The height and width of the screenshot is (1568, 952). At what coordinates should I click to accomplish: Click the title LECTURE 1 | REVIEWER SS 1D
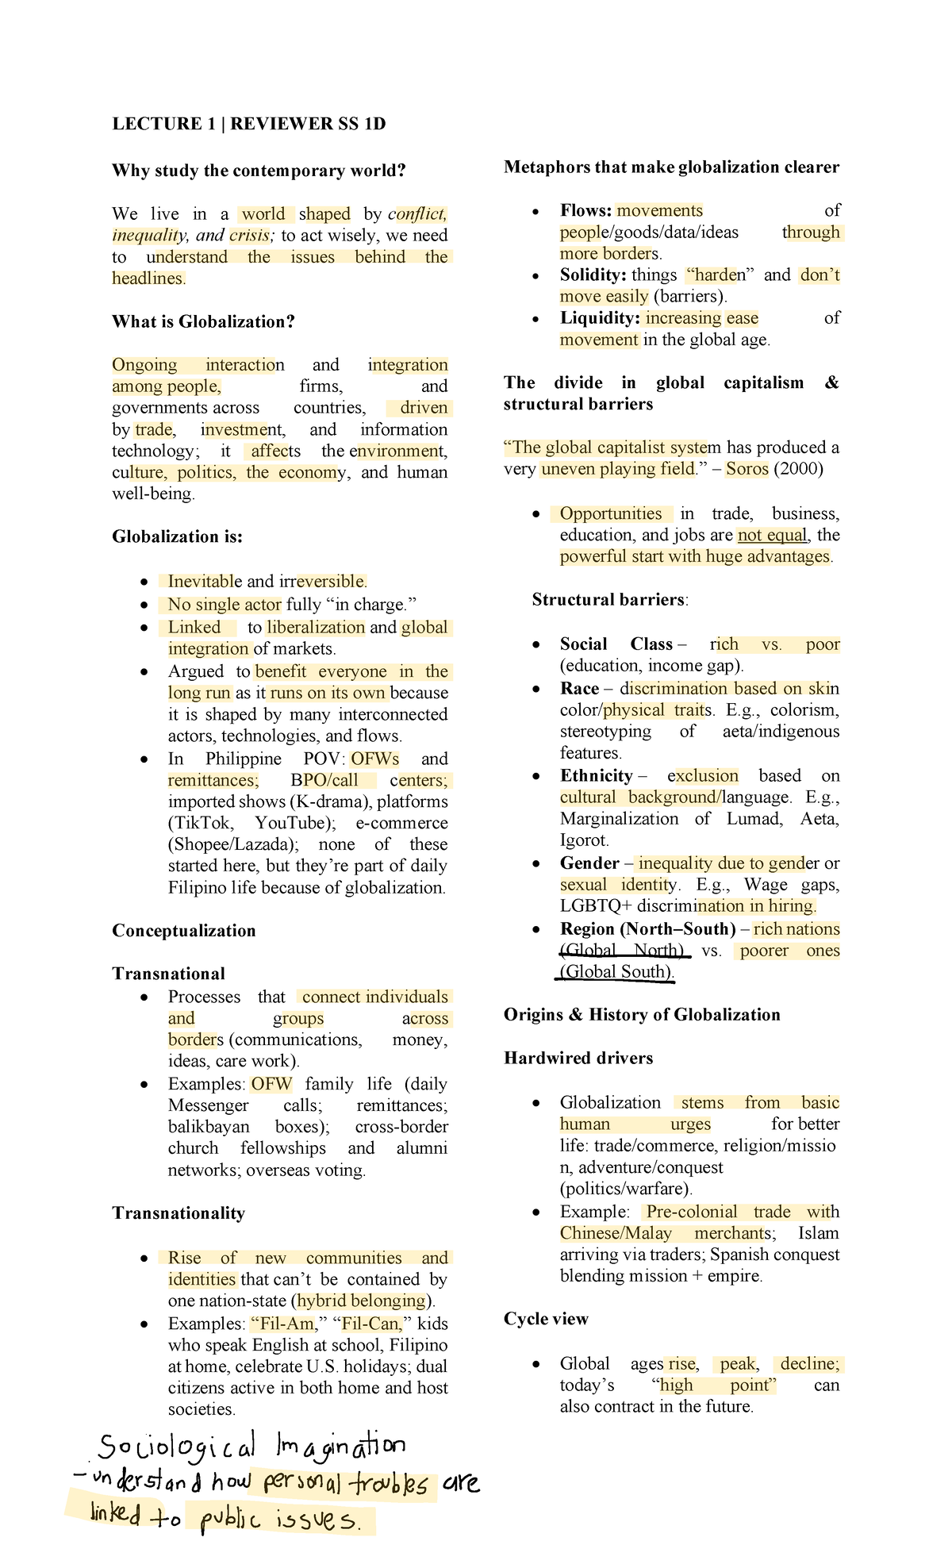[248, 124]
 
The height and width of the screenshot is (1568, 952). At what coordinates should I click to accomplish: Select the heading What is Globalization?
[203, 321]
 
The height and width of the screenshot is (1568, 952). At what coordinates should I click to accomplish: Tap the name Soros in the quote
[747, 469]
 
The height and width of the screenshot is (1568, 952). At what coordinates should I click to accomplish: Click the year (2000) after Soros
[798, 469]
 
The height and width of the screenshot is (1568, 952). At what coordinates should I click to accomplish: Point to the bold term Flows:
[585, 210]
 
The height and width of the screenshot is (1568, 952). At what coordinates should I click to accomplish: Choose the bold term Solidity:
[593, 275]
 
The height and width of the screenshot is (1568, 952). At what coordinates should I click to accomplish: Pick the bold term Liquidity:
[599, 318]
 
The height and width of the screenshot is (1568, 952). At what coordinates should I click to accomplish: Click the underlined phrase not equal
[771, 536]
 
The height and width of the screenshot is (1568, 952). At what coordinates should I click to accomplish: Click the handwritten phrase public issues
[278, 1520]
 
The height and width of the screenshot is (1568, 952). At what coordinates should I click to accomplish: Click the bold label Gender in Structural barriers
[589, 863]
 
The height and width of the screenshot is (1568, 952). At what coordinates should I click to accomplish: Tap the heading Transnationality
[178, 1213]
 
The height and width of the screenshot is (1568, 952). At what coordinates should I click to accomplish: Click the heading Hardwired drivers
[578, 1059]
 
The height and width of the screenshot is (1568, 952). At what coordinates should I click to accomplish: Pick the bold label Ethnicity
[596, 776]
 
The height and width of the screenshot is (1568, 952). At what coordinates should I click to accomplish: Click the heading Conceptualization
[184, 931]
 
